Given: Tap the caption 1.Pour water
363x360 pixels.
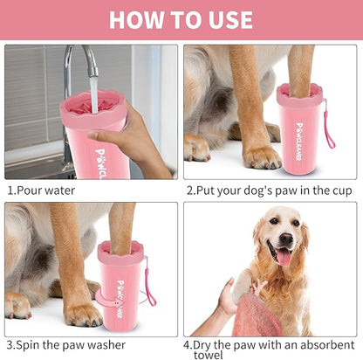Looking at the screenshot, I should pos(41,190).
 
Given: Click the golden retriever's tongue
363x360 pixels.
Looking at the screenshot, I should pos(284,256).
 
